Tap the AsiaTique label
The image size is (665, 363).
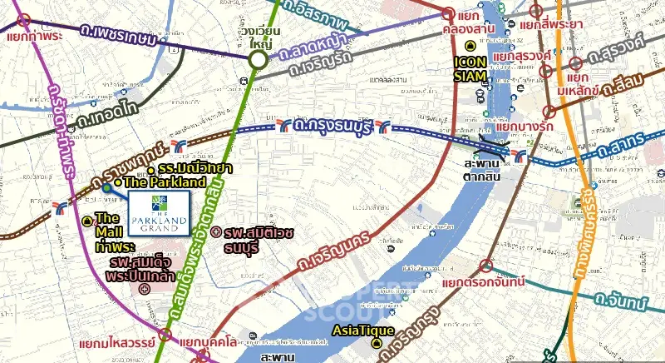359,330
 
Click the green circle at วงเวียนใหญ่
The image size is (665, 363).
259,59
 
